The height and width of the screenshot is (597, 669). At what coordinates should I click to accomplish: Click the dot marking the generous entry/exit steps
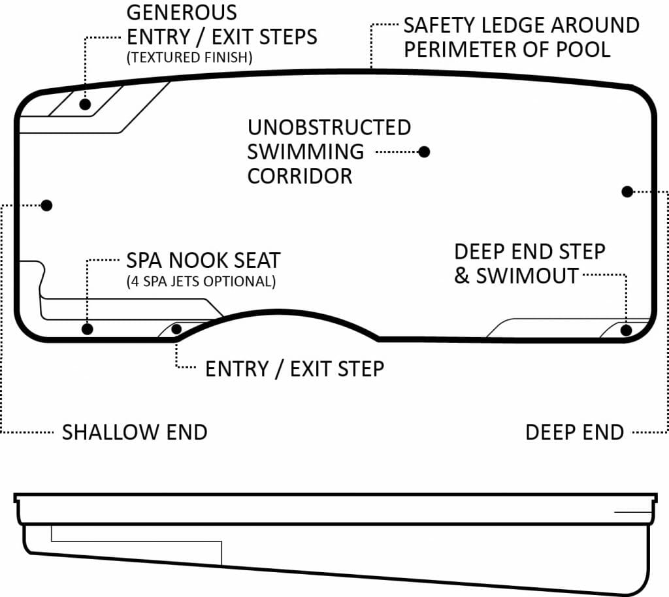(x=85, y=104)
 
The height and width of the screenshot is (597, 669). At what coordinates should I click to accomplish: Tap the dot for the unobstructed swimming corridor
(x=424, y=152)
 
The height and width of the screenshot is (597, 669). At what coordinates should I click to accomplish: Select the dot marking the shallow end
(x=46, y=205)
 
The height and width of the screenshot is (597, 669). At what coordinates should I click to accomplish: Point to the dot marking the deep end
(x=627, y=191)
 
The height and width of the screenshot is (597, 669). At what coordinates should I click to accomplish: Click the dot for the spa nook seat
(x=88, y=329)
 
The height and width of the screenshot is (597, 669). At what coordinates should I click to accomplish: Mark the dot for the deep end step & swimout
(x=626, y=330)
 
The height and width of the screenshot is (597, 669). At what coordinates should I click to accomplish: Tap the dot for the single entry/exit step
(x=176, y=329)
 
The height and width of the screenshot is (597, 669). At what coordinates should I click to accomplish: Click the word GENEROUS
(x=182, y=12)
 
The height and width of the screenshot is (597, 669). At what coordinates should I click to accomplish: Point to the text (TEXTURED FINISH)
(x=189, y=57)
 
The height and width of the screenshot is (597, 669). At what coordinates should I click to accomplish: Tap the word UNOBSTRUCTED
(x=329, y=127)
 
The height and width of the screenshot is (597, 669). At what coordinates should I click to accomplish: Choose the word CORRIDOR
(x=300, y=176)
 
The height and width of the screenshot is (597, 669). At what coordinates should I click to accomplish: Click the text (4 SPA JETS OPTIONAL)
(x=201, y=283)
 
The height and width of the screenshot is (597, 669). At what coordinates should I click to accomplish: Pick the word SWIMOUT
(x=527, y=276)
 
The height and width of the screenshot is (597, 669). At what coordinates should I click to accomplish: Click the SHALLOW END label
(x=134, y=432)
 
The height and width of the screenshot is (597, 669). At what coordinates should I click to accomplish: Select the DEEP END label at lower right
(x=574, y=432)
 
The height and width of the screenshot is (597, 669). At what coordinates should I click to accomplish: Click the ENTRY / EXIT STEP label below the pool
(x=294, y=369)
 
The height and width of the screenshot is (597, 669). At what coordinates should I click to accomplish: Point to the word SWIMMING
(x=305, y=152)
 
